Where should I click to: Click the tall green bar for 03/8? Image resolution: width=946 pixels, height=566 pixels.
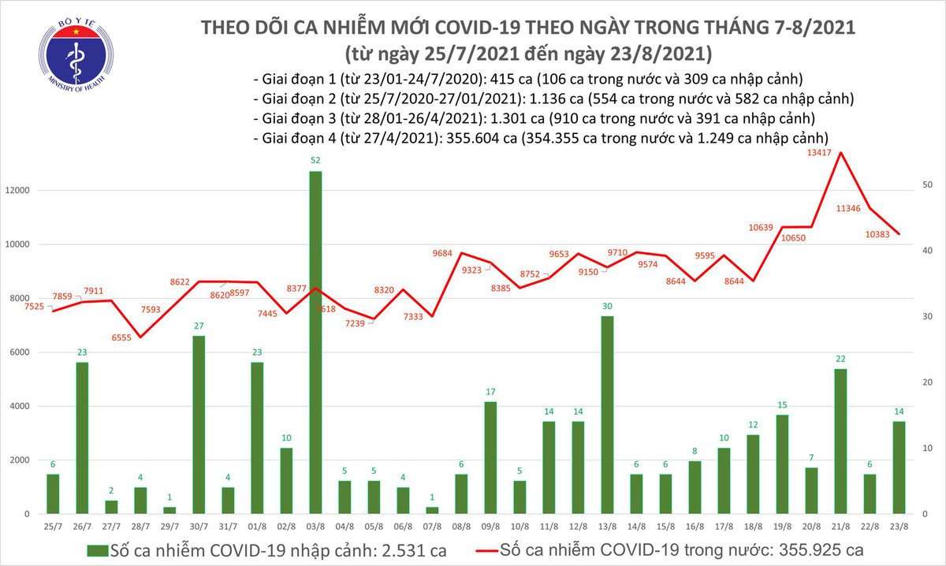[315, 343]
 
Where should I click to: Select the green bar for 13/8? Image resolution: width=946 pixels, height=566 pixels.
[607, 415]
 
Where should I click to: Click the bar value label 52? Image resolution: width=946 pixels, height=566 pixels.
[315, 160]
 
